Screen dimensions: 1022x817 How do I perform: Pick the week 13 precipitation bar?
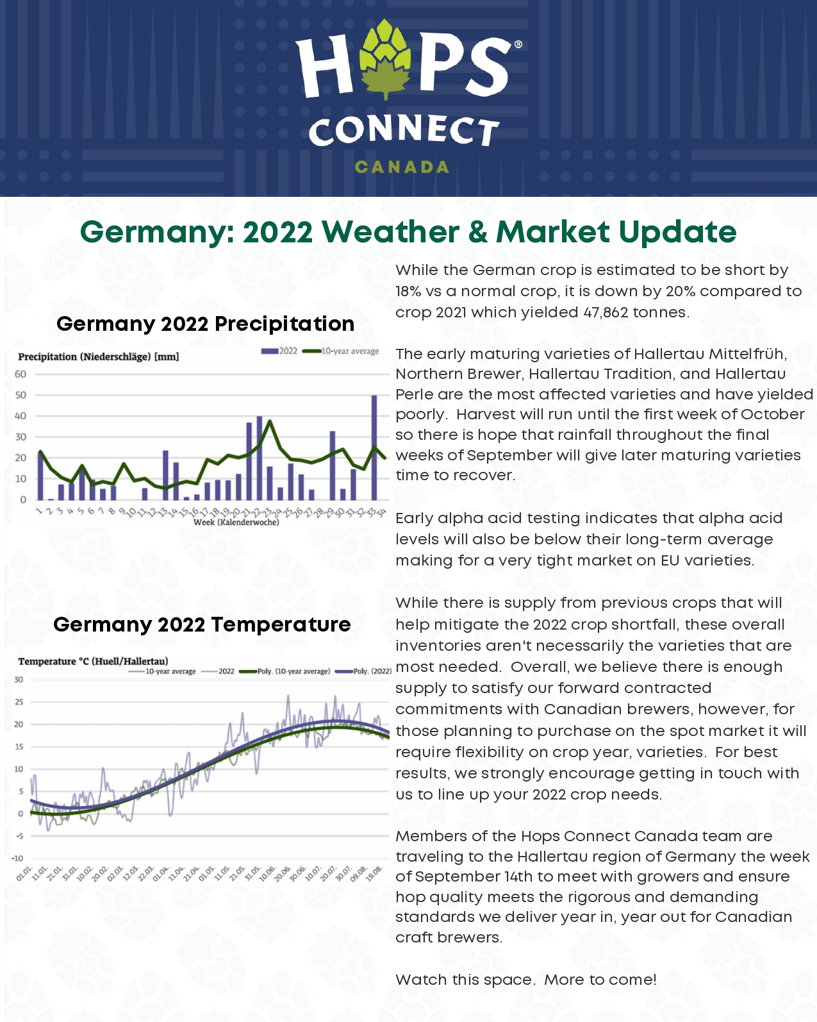[x=165, y=475]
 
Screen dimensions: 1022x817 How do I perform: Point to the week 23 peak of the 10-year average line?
[x=270, y=421]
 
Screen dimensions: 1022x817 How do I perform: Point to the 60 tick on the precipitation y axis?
[x=21, y=374]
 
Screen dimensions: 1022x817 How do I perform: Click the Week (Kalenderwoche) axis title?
[x=236, y=522]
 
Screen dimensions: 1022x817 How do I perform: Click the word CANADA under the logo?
[x=402, y=167]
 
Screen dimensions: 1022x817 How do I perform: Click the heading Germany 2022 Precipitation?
[x=205, y=323]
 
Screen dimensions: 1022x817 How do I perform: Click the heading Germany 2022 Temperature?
[x=202, y=624]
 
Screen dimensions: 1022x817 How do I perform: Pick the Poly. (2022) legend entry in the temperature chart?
[x=363, y=671]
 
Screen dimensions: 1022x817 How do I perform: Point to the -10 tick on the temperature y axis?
[x=17, y=858]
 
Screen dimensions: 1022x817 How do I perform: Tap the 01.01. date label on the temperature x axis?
[x=24, y=873]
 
